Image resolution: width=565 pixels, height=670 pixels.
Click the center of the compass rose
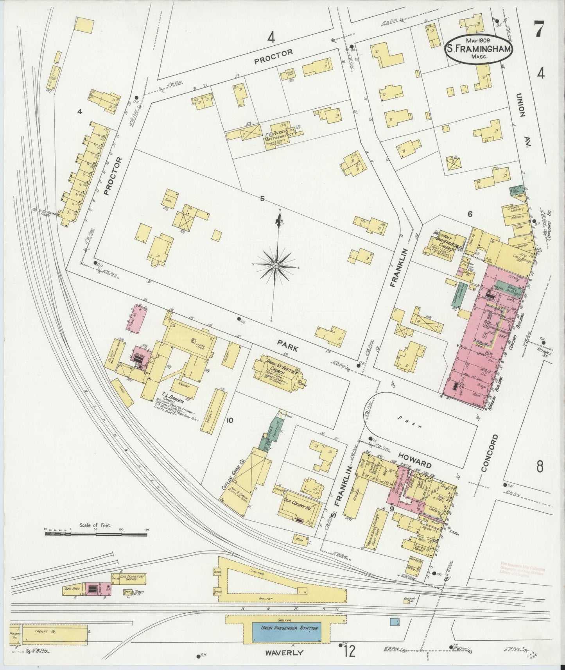click(x=276, y=265)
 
